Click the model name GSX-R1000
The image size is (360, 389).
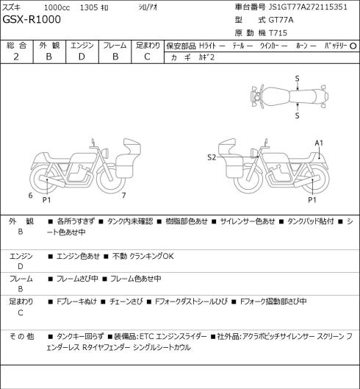[x=32, y=20]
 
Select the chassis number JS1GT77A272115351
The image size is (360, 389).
[x=308, y=7]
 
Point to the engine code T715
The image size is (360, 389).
[x=278, y=33]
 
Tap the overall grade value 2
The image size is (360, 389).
[x=16, y=57]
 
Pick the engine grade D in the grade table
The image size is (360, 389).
[x=82, y=57]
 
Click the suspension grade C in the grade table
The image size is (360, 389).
[x=147, y=57]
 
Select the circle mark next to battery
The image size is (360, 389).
[x=353, y=46]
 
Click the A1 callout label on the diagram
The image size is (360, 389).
[x=319, y=143]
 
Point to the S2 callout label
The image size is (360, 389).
[x=212, y=157]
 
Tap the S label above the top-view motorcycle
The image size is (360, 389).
[x=297, y=79]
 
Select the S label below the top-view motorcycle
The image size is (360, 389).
[x=297, y=115]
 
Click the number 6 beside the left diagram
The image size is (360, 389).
[x=30, y=196]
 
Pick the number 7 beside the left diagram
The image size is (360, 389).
[x=123, y=196]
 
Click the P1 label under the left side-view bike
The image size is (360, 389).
[x=46, y=200]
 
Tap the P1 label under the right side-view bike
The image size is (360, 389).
[x=312, y=200]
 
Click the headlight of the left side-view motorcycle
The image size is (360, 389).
[x=105, y=152]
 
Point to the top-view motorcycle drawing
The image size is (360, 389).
[x=289, y=96]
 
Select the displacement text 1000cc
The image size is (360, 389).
[x=57, y=7]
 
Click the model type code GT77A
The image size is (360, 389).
[x=281, y=20]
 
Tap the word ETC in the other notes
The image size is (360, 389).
[x=146, y=337]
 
